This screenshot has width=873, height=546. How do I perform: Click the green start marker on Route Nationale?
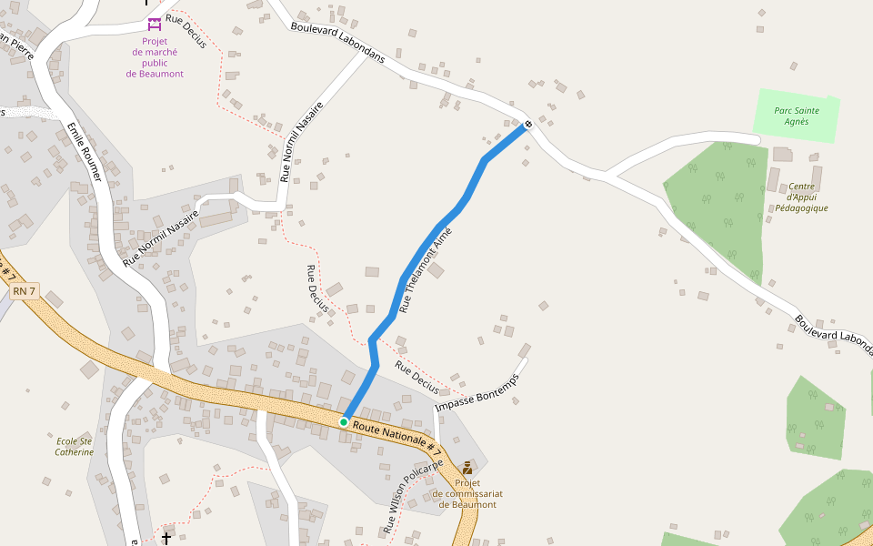pyautogui.click(x=344, y=422)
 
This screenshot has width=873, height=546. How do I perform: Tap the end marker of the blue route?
pyautogui.click(x=527, y=124)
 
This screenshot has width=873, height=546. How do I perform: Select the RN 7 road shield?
pyautogui.click(x=25, y=291)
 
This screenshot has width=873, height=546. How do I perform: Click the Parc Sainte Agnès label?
pyautogui.click(x=796, y=116)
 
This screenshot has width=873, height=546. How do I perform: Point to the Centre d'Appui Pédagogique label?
pyautogui.click(x=801, y=197)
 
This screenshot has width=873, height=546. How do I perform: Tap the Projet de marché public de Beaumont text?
pyautogui.click(x=155, y=57)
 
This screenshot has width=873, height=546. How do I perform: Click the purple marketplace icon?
pyautogui.click(x=155, y=23)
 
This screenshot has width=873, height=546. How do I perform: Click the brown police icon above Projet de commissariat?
pyautogui.click(x=467, y=468)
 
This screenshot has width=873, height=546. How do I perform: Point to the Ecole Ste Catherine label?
pyautogui.click(x=74, y=446)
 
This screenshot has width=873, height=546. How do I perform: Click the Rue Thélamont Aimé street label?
pyautogui.click(x=426, y=270)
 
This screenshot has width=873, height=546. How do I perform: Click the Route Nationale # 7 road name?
pyautogui.click(x=396, y=439)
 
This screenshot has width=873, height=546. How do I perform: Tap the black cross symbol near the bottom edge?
pyautogui.click(x=166, y=539)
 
